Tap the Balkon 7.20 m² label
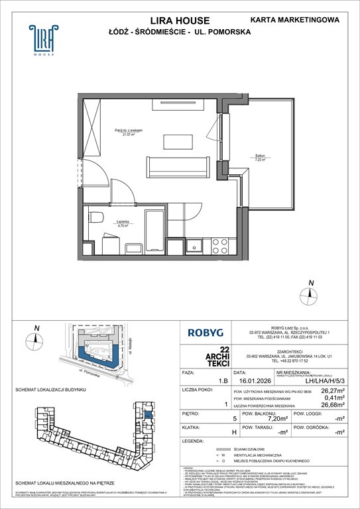(258, 158)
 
